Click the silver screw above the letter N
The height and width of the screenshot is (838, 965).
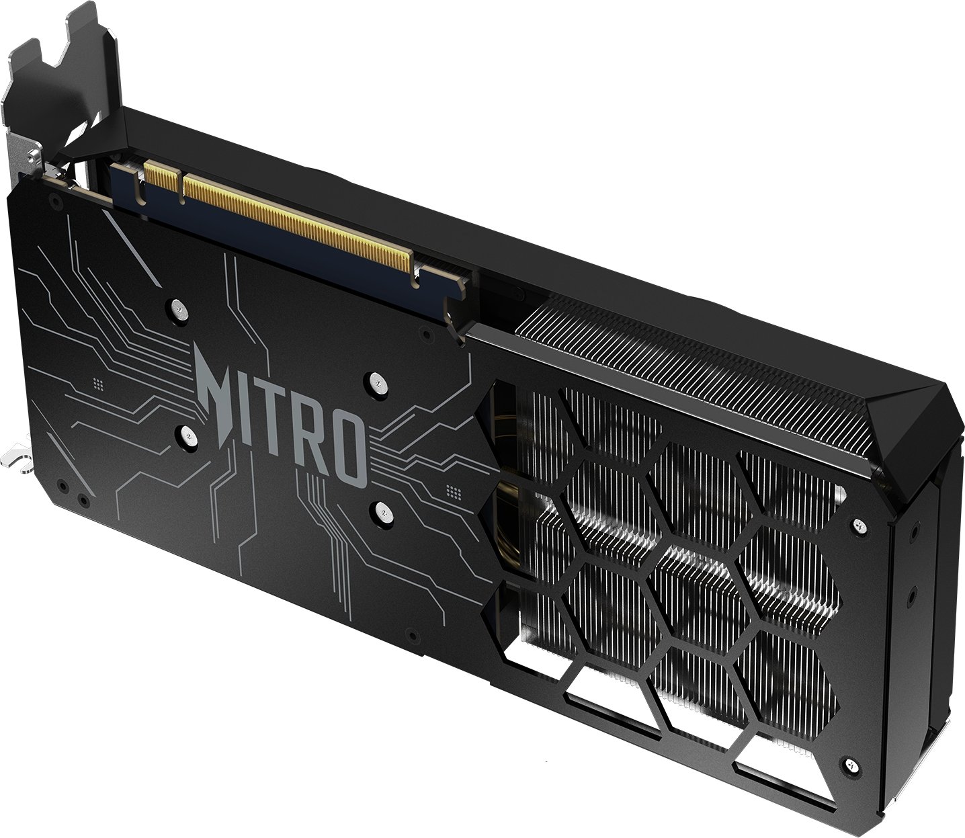[177, 308]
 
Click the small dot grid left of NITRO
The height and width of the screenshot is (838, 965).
[97, 384]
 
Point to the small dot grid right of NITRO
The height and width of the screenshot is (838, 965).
[454, 492]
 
